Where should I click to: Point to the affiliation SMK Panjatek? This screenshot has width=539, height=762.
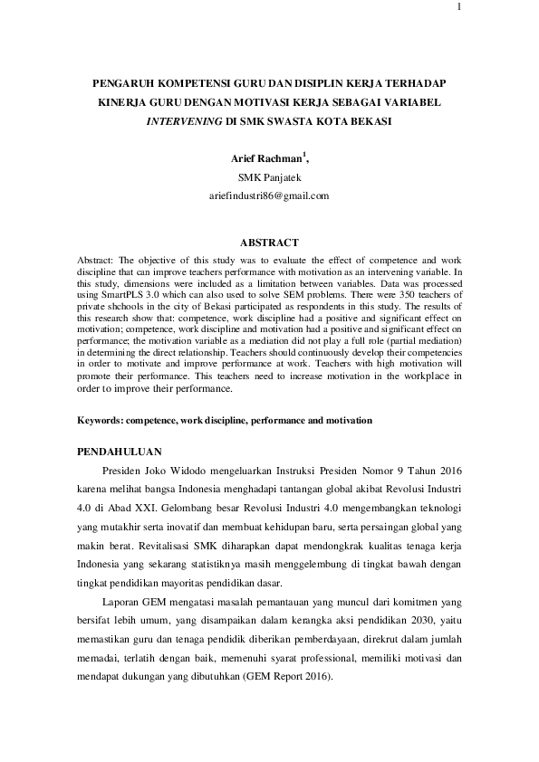(x=269, y=177)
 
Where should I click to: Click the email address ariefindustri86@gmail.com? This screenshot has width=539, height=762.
(x=269, y=195)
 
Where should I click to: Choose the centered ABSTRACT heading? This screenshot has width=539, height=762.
(x=269, y=243)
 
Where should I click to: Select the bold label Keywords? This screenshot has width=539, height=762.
(x=101, y=421)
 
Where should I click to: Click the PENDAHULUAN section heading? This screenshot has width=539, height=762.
(x=119, y=450)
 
